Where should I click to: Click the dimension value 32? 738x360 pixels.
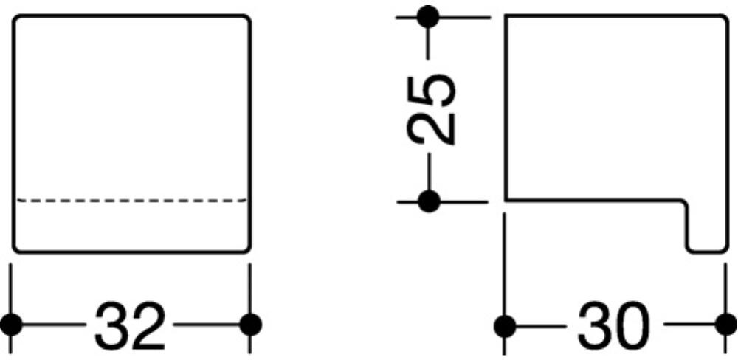[x=130, y=325]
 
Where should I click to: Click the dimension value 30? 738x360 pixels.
[x=614, y=325]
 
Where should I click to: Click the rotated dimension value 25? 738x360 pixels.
[x=432, y=108]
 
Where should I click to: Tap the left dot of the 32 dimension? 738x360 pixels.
[x=10, y=324]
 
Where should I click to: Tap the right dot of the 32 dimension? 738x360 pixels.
[x=251, y=324]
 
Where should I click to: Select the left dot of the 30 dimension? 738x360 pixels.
[x=504, y=325]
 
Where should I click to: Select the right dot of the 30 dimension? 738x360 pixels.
[x=726, y=325]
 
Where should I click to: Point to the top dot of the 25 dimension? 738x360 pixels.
[x=428, y=15]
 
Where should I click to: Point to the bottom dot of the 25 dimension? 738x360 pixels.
[x=428, y=200]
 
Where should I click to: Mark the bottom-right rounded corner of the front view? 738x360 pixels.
[x=246, y=249]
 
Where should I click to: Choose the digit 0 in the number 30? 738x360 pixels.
[x=633, y=325]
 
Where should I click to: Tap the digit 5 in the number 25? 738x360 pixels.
[x=432, y=89]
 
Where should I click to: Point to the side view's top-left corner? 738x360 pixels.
[x=506, y=17]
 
